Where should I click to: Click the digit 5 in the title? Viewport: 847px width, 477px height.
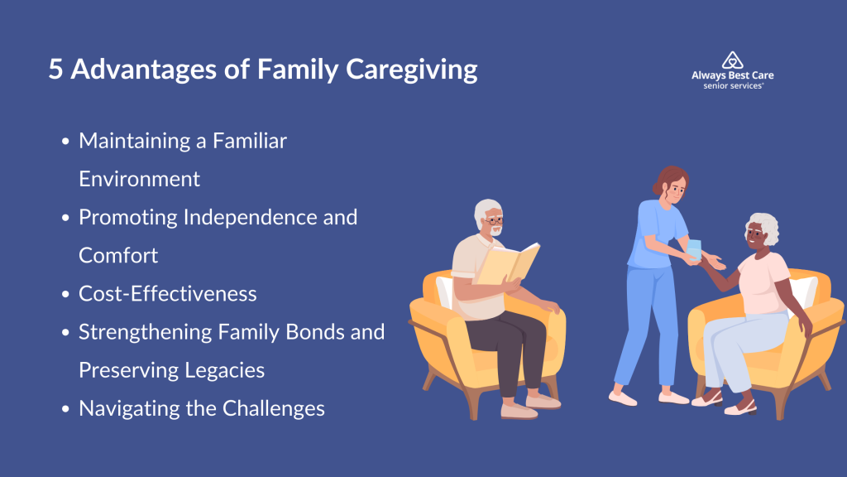(55, 70)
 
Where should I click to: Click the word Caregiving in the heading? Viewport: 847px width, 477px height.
(412, 71)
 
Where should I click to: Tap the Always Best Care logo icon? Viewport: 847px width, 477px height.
(733, 60)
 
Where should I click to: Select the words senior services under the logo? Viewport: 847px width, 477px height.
(733, 86)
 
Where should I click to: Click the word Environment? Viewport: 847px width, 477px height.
(139, 179)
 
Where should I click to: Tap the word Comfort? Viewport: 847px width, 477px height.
(118, 255)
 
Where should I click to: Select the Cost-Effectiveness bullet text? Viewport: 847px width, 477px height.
(167, 294)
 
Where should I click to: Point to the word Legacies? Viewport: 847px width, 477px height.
(224, 371)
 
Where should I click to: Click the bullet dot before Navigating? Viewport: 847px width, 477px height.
(65, 409)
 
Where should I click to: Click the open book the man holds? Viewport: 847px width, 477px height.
(507, 263)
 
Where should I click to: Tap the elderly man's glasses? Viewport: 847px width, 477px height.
(495, 220)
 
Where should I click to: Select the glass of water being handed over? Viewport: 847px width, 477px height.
(694, 250)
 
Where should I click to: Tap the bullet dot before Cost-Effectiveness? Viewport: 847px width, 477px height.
(65, 294)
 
